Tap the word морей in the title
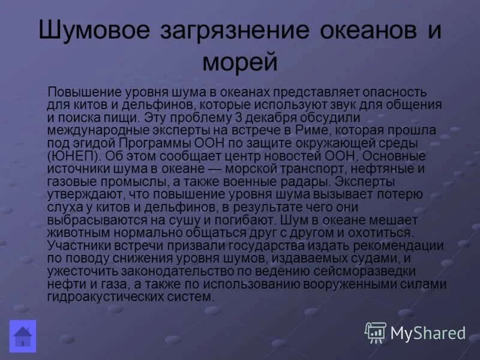tap(239, 62)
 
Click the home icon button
tap(23, 335)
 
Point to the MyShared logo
tap(415, 332)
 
